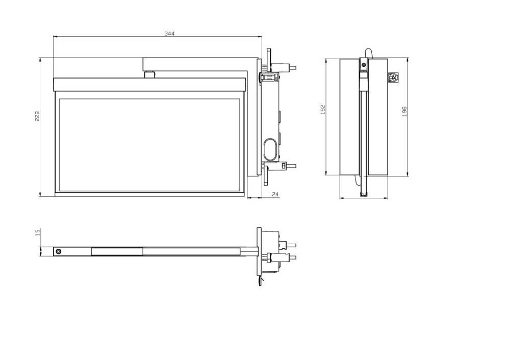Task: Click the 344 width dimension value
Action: coord(169,33)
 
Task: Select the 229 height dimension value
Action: coord(37,116)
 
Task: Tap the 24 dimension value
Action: coord(275,194)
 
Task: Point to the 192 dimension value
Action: coord(323,110)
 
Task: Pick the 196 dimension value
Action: coord(404,111)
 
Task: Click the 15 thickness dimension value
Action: coord(37,232)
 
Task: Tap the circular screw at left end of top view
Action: coord(58,252)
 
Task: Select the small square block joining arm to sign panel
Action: coord(149,74)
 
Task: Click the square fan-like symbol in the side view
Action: coord(393,78)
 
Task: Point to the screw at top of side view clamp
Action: coord(364,64)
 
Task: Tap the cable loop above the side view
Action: coord(368,53)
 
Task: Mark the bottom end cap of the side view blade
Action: coord(364,193)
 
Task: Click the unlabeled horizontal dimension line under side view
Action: coord(364,198)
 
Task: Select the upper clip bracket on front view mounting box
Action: coord(269,77)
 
